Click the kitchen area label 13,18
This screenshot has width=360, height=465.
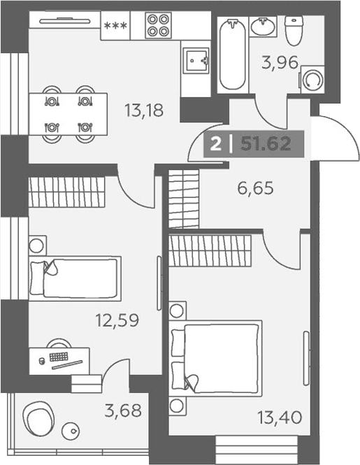tap(144, 110)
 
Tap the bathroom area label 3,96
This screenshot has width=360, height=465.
tap(280, 62)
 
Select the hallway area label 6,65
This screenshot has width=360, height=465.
tap(255, 188)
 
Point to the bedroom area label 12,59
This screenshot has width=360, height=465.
tap(117, 320)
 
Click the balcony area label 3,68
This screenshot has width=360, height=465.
tap(123, 410)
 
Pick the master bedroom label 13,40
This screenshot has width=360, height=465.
tap(280, 417)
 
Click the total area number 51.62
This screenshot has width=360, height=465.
tap(266, 144)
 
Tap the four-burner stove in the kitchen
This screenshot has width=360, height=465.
tap(159, 25)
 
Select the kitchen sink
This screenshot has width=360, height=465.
tap(196, 61)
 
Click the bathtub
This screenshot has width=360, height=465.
tap(233, 55)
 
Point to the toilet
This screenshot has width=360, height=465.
tap(294, 31)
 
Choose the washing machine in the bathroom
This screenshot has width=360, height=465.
tap(312, 80)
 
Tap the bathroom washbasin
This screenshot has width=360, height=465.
tap(263, 27)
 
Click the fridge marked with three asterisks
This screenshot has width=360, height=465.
tap(115, 25)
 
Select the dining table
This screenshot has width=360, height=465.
tap(69, 114)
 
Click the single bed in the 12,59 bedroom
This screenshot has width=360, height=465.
tap(75, 278)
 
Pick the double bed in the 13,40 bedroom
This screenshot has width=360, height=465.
tap(215, 358)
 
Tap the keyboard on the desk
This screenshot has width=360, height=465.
tap(59, 357)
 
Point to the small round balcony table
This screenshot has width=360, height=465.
tap(71, 431)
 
